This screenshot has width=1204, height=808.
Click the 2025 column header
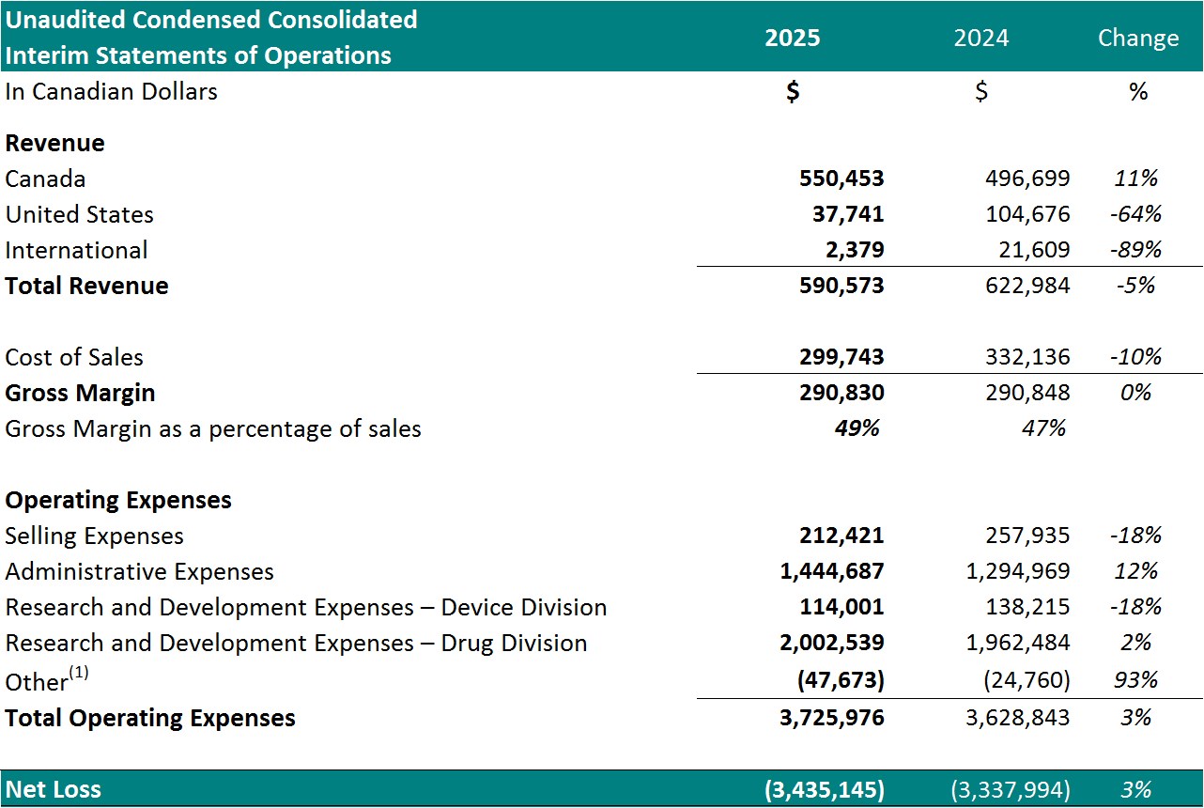tap(792, 38)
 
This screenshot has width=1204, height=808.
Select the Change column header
tap(1137, 38)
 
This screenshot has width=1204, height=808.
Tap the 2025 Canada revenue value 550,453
tap(841, 179)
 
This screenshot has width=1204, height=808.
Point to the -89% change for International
tap(1135, 250)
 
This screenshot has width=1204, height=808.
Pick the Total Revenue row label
tap(86, 286)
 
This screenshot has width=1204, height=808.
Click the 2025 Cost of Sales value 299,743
tap(841, 357)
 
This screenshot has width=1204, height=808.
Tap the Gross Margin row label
tap(80, 393)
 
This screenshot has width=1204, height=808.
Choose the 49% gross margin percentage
tap(857, 428)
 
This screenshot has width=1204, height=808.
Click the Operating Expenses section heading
tap(118, 500)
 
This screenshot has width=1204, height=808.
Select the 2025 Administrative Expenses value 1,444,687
tap(832, 571)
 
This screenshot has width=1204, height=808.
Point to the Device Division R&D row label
tap(305, 607)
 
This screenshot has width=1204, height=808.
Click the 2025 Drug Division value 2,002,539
tap(832, 643)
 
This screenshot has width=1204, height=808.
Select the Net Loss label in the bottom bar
tap(54, 789)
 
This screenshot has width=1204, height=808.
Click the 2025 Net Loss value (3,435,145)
tap(825, 789)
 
